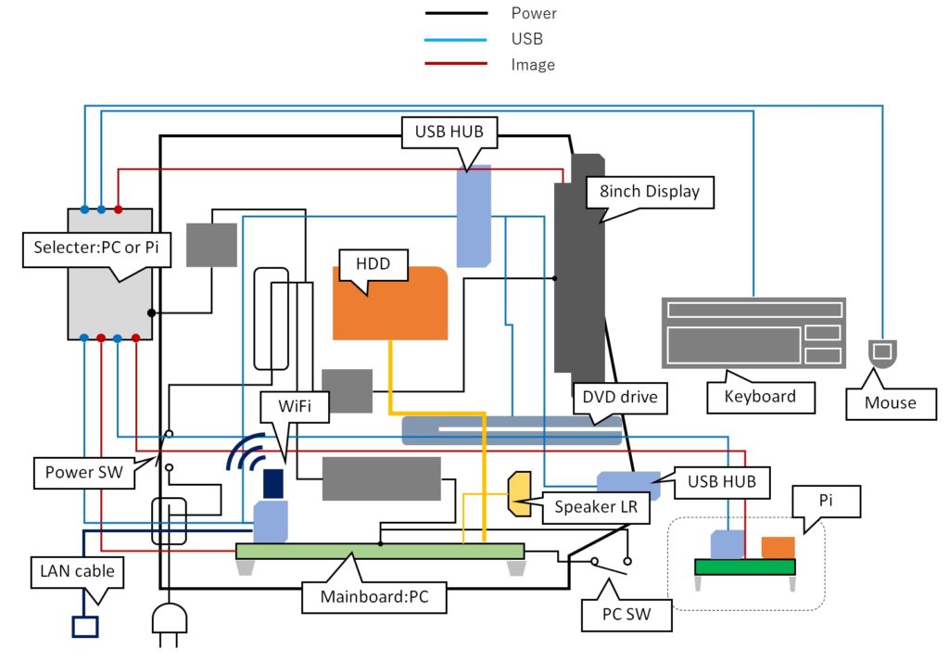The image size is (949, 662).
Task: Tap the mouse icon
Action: click(x=881, y=353)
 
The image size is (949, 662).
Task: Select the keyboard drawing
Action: click(x=753, y=332)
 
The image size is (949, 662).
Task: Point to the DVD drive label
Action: click(x=620, y=397)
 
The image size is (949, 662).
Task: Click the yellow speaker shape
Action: click(x=520, y=493)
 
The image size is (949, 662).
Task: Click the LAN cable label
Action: click(x=78, y=570)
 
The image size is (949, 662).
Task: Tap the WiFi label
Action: click(x=284, y=405)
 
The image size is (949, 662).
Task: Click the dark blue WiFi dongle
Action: click(x=273, y=483)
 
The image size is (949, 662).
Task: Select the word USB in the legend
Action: click(x=526, y=39)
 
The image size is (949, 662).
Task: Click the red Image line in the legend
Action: click(x=455, y=65)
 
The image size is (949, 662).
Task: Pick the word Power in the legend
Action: click(x=534, y=13)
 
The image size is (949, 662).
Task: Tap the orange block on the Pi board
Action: click(x=778, y=548)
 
